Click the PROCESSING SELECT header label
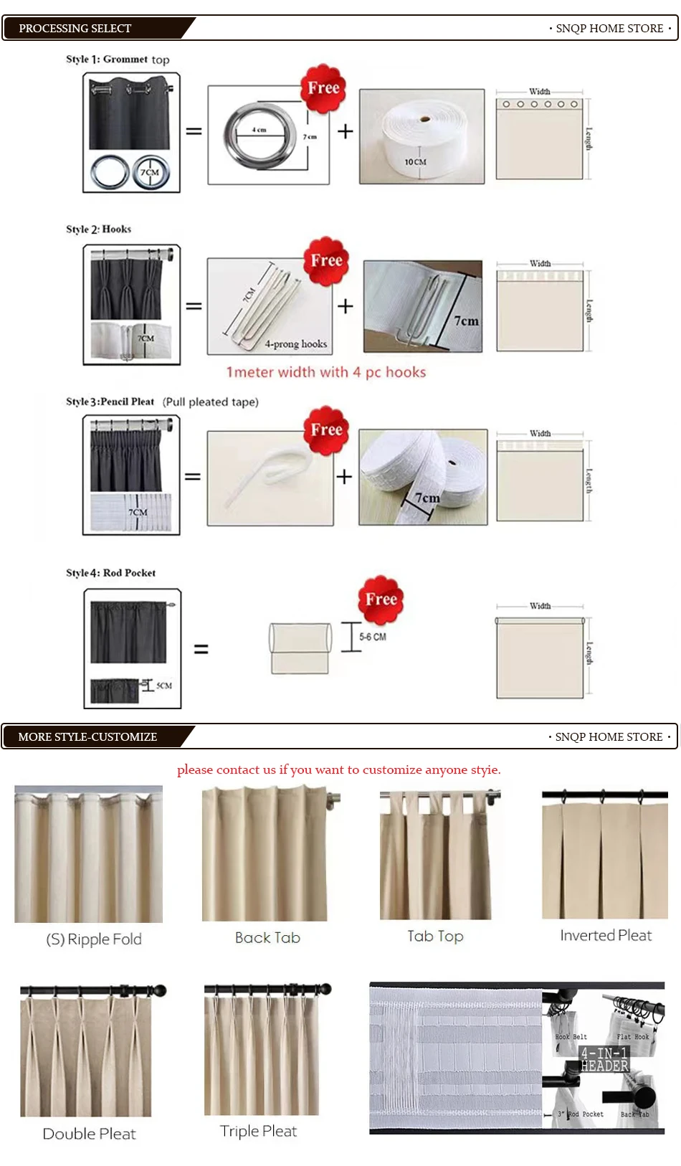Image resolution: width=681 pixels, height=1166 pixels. pos(75,29)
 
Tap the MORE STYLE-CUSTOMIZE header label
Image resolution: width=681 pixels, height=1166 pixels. pos(87,736)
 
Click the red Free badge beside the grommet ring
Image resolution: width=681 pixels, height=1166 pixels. pos(323,88)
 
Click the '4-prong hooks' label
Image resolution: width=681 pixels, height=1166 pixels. pos(295,344)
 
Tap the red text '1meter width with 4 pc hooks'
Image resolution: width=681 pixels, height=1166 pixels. pos(326,372)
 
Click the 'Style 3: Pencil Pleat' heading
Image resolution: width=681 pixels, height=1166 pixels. pos(110,402)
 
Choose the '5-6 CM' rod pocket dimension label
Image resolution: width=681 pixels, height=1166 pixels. pos(373,637)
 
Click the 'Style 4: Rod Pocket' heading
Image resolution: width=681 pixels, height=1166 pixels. pos(111,573)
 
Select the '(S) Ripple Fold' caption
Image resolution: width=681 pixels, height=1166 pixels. pos(94,939)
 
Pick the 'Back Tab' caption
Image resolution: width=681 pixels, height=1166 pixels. pos(267,937)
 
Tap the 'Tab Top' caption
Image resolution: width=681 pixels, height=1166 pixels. pos(435,936)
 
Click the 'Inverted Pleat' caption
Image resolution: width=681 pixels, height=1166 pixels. pos(606,935)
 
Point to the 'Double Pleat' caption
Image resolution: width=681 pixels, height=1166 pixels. pos(89,1134)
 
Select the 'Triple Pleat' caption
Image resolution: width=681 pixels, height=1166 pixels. pos(258,1131)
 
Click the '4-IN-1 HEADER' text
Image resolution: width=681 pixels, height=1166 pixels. pos(604,1059)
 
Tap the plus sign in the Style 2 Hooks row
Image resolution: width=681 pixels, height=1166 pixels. pos(346,306)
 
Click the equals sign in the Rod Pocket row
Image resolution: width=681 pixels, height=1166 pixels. pos(201,649)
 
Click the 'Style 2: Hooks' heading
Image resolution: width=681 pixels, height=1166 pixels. pos(99,229)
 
